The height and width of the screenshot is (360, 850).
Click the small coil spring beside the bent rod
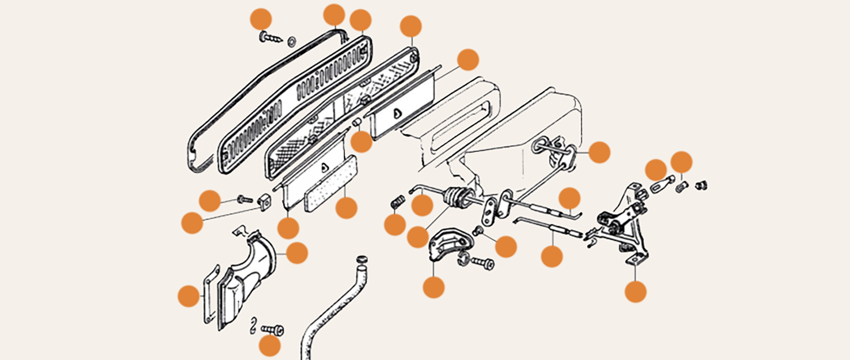(x=398, y=202)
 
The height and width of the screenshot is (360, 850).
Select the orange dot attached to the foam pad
(x=346, y=207)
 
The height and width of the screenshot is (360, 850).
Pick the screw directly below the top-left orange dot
(x=269, y=38)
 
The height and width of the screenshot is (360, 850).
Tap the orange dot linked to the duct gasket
(x=189, y=296)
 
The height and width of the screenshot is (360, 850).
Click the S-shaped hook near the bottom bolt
(x=256, y=327)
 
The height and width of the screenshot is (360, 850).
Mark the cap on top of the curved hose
(x=360, y=260)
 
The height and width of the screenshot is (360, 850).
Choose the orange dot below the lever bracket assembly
(x=635, y=291)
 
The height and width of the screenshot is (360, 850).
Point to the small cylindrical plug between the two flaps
(x=357, y=123)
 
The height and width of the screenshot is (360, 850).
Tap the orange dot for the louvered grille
(x=360, y=20)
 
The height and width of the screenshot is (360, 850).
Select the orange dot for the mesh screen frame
(x=411, y=26)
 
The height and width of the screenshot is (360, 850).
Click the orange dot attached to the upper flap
(x=468, y=60)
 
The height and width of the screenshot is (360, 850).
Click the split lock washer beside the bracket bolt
(x=463, y=260)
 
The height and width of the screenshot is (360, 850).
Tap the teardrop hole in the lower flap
(x=324, y=167)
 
